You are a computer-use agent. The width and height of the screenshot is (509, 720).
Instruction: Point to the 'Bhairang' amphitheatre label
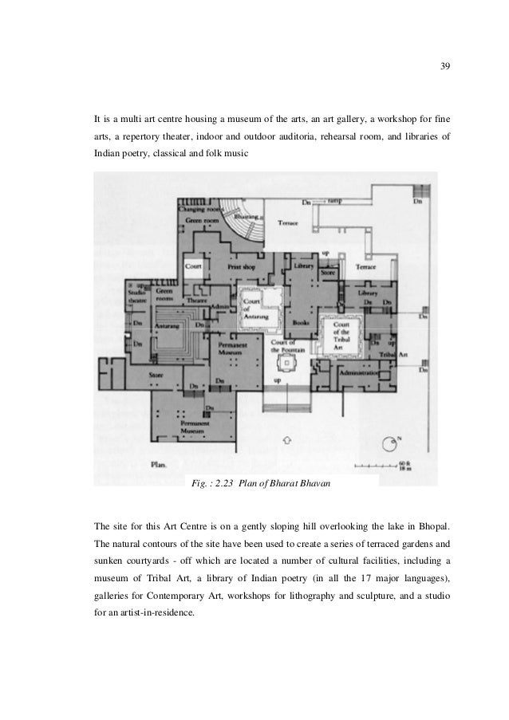click(x=248, y=217)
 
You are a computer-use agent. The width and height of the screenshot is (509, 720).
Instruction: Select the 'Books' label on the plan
click(x=300, y=323)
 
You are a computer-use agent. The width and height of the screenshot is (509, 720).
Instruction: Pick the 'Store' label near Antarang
click(x=157, y=373)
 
